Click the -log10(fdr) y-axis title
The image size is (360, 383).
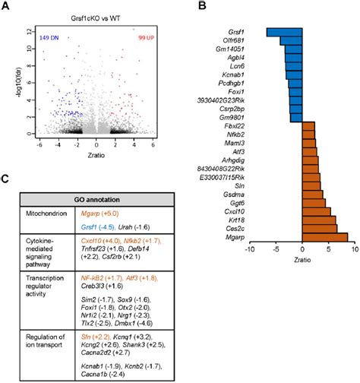tap(8, 76)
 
